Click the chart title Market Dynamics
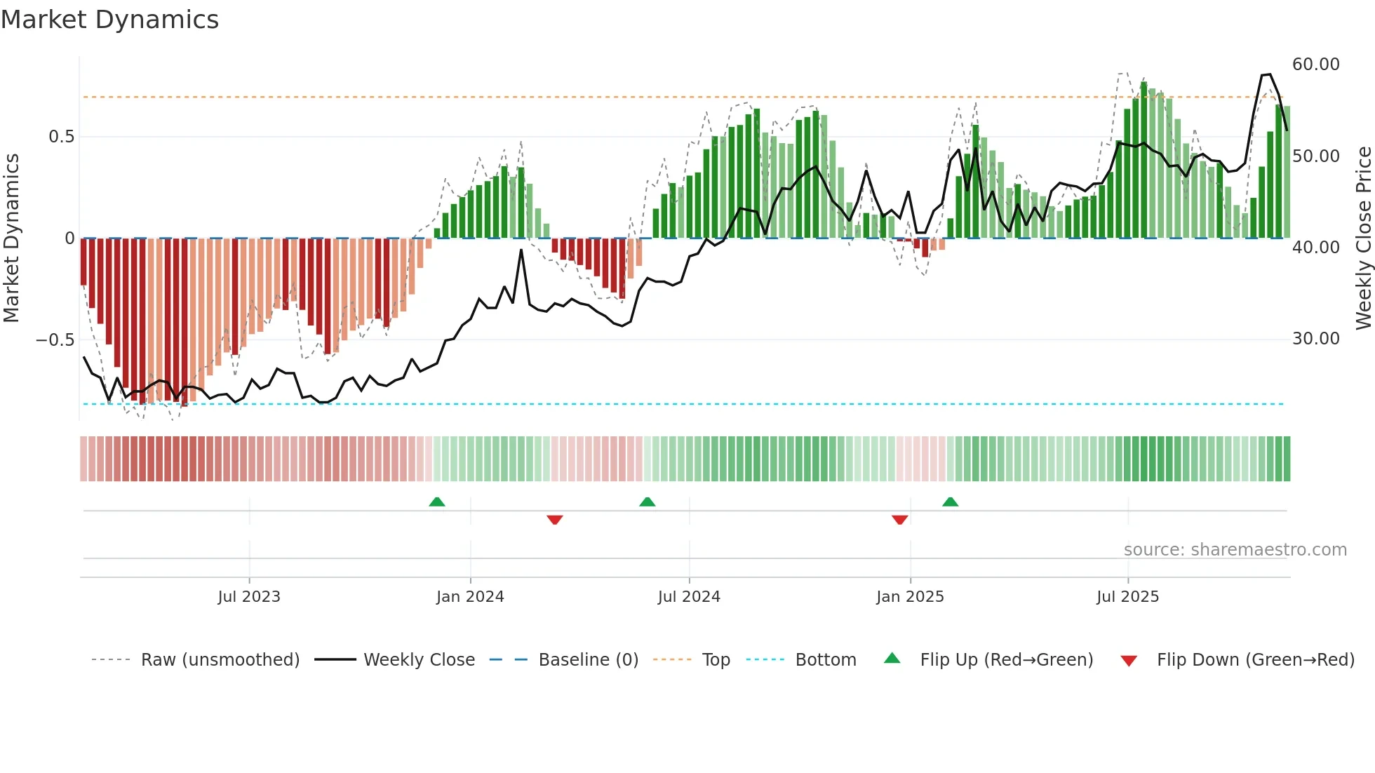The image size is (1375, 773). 109,20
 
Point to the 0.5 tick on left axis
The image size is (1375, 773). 61,137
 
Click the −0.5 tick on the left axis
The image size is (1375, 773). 55,340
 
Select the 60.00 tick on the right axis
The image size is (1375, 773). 1315,65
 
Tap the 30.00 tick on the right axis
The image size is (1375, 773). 1315,339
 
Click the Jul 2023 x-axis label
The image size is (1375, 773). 249,597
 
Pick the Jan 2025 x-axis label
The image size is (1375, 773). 910,597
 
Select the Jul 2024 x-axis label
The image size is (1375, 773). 689,597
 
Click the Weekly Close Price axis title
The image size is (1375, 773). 1363,238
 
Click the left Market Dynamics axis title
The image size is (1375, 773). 11,238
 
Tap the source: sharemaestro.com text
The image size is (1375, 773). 1235,550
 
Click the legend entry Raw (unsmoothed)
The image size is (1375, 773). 220,660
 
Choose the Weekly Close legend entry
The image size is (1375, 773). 419,660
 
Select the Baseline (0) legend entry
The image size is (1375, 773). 588,660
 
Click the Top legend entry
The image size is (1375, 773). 716,660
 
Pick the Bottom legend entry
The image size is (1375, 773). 825,660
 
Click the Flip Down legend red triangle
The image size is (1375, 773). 1129,661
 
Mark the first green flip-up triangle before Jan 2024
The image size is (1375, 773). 437,502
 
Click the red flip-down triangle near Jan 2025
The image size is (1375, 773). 900,520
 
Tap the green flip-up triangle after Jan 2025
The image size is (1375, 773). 951,502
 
